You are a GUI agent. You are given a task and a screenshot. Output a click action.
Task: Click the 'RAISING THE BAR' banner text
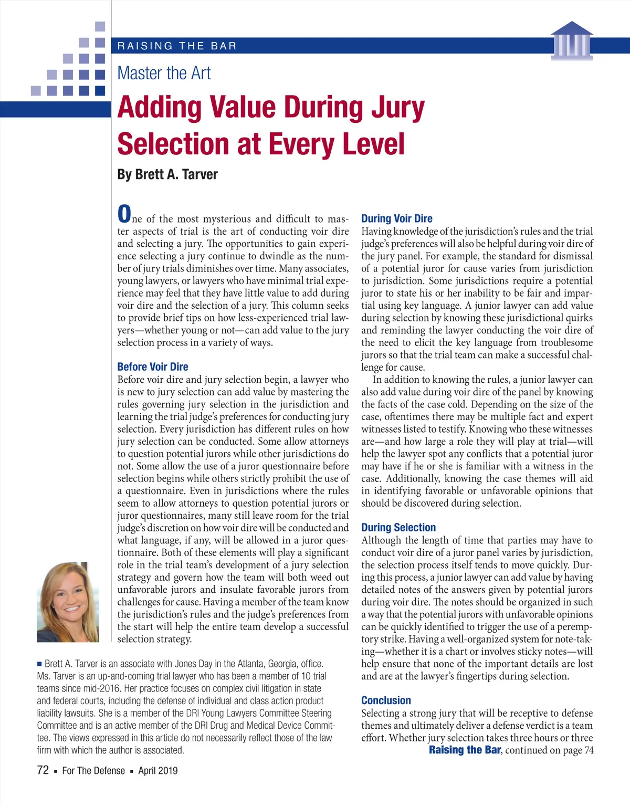(x=177, y=46)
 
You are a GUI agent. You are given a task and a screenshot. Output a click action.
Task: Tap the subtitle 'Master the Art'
(x=164, y=74)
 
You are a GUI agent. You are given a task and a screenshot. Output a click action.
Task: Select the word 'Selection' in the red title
(x=173, y=144)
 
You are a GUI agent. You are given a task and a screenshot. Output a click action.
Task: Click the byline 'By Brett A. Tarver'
(x=167, y=174)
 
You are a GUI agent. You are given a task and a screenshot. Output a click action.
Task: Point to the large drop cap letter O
(x=124, y=214)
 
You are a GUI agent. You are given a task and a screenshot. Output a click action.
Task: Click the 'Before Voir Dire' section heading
(x=153, y=367)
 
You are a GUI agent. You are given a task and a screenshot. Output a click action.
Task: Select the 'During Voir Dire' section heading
(x=397, y=218)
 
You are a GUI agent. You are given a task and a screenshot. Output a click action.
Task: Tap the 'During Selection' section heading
(x=398, y=528)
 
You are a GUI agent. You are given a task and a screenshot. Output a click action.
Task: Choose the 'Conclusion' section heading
(x=386, y=700)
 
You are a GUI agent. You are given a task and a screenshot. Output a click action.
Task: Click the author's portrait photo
(x=68, y=602)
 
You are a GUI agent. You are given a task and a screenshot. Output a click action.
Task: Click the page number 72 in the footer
(x=43, y=770)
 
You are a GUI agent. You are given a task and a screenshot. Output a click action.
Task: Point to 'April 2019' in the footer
(x=157, y=771)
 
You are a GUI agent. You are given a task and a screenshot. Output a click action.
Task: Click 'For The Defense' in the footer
(x=93, y=771)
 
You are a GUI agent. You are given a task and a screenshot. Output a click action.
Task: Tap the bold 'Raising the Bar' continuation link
(x=465, y=750)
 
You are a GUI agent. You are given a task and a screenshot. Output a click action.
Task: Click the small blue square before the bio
(x=39, y=664)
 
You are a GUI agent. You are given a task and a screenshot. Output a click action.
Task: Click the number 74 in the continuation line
(x=589, y=750)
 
